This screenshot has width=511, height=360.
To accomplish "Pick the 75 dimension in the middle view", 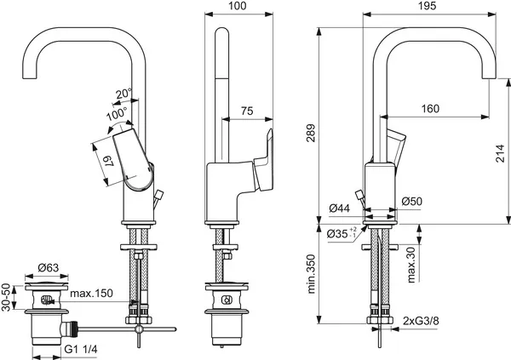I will tap(247, 110).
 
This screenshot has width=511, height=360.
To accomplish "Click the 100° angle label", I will tap(117, 111).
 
